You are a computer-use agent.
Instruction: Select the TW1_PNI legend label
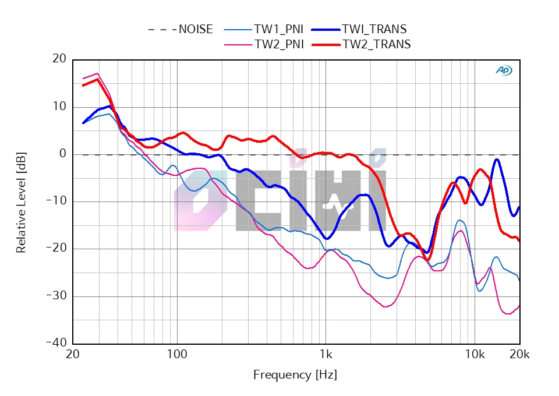(x=278, y=29)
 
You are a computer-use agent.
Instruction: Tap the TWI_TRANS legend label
(x=374, y=29)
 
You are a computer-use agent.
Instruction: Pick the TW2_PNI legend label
(x=279, y=44)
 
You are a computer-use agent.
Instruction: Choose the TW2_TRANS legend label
(x=376, y=44)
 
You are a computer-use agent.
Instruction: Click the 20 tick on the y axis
(x=59, y=59)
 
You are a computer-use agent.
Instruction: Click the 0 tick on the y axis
(x=62, y=154)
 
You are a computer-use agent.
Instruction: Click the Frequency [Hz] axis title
(x=295, y=375)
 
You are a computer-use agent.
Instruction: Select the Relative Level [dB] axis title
(x=22, y=201)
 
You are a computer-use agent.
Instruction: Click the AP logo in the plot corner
(x=504, y=70)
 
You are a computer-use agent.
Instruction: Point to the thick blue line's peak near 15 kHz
(x=497, y=160)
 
